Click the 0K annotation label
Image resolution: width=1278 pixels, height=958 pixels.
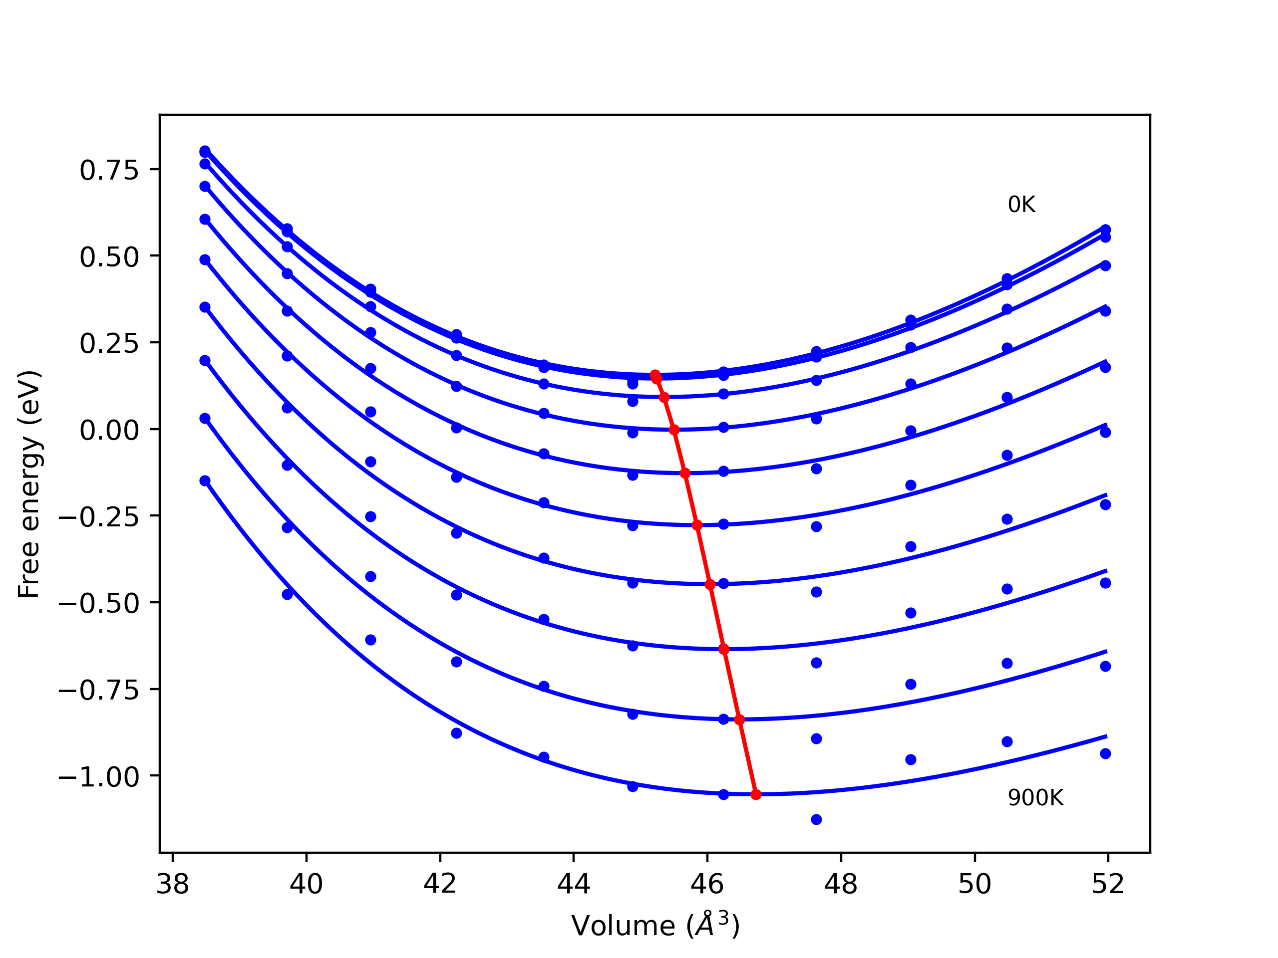(1021, 205)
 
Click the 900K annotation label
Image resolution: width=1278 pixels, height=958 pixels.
(1035, 798)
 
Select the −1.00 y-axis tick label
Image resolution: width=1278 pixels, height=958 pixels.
(99, 777)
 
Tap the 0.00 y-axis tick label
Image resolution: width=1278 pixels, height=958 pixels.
(109, 430)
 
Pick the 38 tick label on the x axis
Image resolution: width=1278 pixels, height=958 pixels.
(173, 884)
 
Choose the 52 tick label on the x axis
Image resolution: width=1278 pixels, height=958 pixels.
(1108, 884)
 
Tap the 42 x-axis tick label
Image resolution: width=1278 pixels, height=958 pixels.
(440, 884)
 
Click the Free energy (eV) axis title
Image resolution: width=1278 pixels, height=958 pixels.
(29, 484)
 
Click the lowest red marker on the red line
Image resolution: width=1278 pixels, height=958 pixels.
(756, 794)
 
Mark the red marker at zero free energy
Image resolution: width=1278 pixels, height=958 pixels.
(673, 430)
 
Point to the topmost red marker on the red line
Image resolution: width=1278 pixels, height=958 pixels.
(654, 375)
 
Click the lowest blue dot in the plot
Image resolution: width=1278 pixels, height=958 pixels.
(816, 819)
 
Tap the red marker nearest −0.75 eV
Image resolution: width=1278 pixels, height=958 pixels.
(739, 719)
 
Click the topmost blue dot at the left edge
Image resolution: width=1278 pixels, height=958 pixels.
(205, 151)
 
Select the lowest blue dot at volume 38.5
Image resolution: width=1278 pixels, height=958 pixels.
(205, 480)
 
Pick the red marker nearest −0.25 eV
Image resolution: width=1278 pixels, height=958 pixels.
(697, 525)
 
